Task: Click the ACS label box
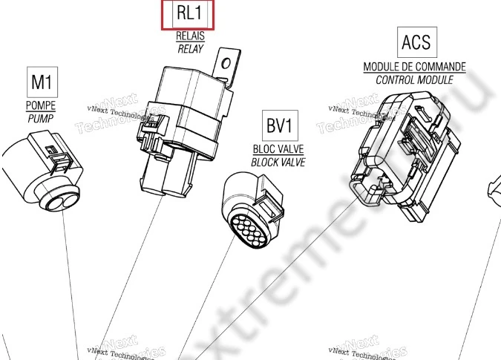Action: tap(415, 42)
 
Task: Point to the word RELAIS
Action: tap(190, 36)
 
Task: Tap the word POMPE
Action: tap(41, 105)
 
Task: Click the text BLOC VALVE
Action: tap(278, 148)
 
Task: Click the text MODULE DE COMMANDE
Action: tap(414, 67)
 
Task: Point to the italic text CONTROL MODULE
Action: tap(414, 79)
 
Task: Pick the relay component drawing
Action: tap(182, 126)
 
